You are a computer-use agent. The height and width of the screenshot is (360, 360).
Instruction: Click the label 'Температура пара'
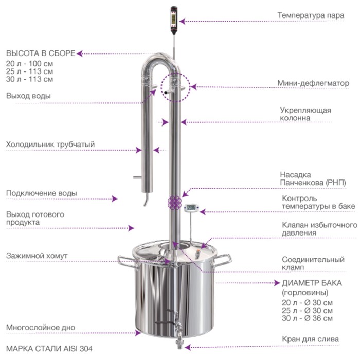pyautogui.click(x=311, y=15)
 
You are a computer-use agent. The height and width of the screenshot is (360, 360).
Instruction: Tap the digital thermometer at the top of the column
pyautogui.click(x=174, y=20)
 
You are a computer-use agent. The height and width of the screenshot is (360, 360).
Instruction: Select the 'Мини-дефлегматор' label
pyautogui.click(x=313, y=83)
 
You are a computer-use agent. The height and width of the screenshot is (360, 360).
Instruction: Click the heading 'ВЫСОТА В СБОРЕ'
pyautogui.click(x=41, y=53)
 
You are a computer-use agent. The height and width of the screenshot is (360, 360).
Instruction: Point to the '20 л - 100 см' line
pyautogui.click(x=29, y=64)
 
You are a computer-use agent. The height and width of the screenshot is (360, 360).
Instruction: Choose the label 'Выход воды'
pyautogui.click(x=28, y=96)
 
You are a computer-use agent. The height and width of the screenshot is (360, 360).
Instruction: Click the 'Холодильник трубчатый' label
pyautogui.click(x=50, y=145)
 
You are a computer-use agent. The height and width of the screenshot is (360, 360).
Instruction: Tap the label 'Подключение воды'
pyautogui.click(x=42, y=193)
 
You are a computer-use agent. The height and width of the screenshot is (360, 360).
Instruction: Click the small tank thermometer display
pyautogui.click(x=191, y=208)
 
